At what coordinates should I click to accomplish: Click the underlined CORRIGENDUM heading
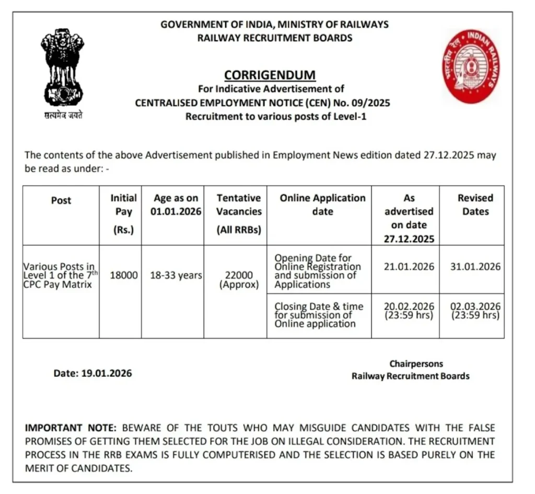tap(270, 75)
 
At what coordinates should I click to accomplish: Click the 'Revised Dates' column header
tap(475, 205)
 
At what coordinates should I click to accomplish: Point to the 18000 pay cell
tap(123, 275)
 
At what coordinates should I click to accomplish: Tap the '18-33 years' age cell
tap(176, 275)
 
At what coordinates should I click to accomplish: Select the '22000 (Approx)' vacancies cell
tap(239, 280)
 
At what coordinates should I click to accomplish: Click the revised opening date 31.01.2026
tap(475, 266)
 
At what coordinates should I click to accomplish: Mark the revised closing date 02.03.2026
tap(475, 306)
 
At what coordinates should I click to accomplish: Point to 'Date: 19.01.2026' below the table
tap(92, 373)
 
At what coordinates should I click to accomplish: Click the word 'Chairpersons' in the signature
tap(416, 363)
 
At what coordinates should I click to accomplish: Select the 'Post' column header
tap(61, 200)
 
